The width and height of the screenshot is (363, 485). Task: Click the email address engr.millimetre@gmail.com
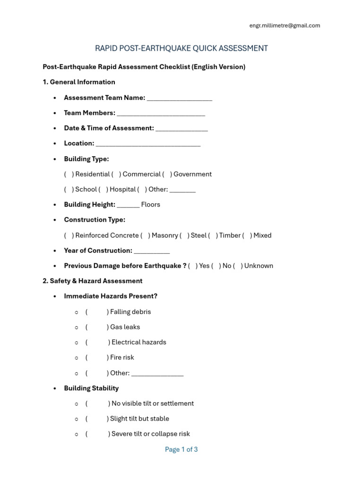pyautogui.click(x=285, y=26)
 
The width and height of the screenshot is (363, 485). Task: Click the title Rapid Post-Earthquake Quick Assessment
pyautogui.click(x=181, y=48)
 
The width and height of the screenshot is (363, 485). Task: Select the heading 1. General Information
pyautogui.click(x=79, y=82)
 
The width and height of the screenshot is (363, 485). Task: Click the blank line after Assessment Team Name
pyautogui.click(x=179, y=98)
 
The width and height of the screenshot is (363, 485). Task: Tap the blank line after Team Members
pyautogui.click(x=161, y=113)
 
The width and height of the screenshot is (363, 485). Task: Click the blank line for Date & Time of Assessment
pyautogui.click(x=181, y=128)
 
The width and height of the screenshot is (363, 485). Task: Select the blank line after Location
pyautogui.click(x=148, y=144)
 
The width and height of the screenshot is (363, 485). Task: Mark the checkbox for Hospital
pyautogui.click(x=141, y=189)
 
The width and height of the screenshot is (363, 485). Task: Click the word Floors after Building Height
pyautogui.click(x=150, y=205)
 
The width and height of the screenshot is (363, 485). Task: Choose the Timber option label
pyautogui.click(x=230, y=235)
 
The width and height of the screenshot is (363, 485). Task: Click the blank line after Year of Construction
pyautogui.click(x=152, y=251)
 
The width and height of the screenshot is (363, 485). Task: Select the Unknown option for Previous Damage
pyautogui.click(x=259, y=266)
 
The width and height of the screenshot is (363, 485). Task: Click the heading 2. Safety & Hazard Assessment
pyautogui.click(x=93, y=281)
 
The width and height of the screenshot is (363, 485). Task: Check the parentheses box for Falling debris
pyautogui.click(x=97, y=312)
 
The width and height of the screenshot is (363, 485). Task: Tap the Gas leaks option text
pyautogui.click(x=125, y=327)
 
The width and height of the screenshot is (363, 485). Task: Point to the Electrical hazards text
pyautogui.click(x=138, y=342)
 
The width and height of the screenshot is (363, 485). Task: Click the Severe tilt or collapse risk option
pyautogui.click(x=150, y=434)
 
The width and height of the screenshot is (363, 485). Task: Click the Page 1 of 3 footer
pyautogui.click(x=181, y=449)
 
